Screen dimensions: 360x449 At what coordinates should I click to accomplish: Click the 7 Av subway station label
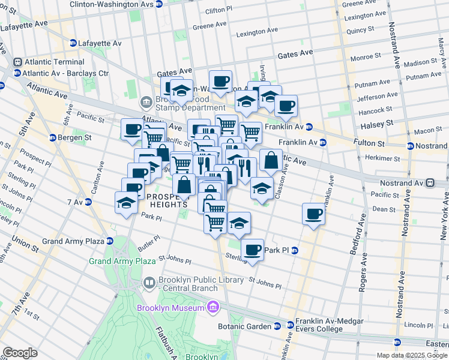point(75,202)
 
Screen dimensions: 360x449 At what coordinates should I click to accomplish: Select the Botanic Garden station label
point(247,326)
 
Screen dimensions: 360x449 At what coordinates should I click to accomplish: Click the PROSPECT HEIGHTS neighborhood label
point(166,200)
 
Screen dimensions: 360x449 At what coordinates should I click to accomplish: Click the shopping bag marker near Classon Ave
point(271,161)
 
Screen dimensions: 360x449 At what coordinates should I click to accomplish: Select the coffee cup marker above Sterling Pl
point(252,250)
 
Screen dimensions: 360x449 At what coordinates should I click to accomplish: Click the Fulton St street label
point(372,144)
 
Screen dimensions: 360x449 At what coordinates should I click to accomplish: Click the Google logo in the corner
point(20,353)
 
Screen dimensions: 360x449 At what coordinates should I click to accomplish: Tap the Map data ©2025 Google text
point(411,355)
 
